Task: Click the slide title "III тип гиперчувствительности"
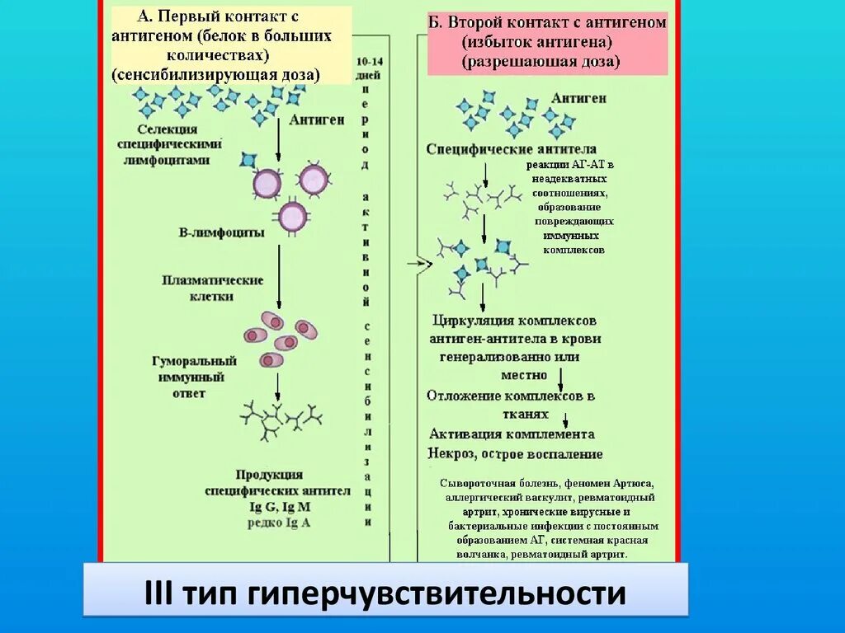pyautogui.click(x=385, y=593)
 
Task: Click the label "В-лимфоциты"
pyautogui.click(x=221, y=232)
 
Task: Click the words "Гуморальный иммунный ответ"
pyautogui.click(x=194, y=377)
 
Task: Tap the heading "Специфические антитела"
pyautogui.click(x=512, y=149)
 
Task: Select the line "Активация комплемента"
pyautogui.click(x=512, y=434)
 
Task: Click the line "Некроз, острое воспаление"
pyautogui.click(x=515, y=453)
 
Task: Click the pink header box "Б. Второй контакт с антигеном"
pyautogui.click(x=547, y=43)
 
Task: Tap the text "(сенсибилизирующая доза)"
pyautogui.click(x=216, y=75)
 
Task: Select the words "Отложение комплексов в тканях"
pyautogui.click(x=512, y=404)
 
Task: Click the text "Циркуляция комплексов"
pyautogui.click(x=514, y=320)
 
